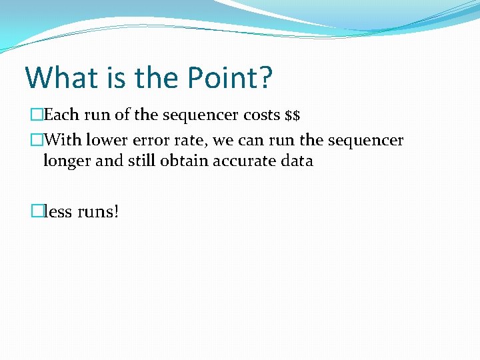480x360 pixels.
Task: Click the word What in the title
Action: pos(59,77)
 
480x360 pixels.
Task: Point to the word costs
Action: pos(261,115)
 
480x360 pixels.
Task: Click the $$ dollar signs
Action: pos(293,116)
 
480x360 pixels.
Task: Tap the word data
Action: pos(297,161)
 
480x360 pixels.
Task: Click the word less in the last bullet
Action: pos(58,212)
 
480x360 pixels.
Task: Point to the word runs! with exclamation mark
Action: pos(98,212)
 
